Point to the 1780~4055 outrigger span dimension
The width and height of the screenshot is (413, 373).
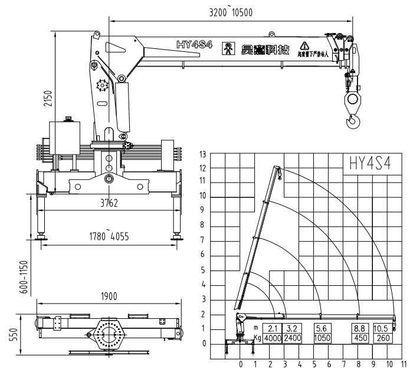point(109,237)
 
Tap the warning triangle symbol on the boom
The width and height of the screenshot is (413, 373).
point(304,45)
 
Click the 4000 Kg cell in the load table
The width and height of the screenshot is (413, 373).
point(273,338)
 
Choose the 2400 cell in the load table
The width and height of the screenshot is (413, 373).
point(293,338)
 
